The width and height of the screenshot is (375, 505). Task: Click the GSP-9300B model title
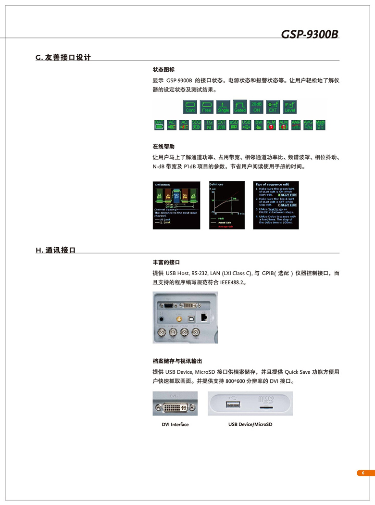coord(310,34)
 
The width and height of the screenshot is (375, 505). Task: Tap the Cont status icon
coord(190,106)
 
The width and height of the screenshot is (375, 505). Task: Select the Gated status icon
coord(240,106)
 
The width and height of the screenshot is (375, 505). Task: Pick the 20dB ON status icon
coord(257,106)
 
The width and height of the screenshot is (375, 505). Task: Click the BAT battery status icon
coord(159,125)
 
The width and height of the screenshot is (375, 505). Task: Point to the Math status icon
coord(321,125)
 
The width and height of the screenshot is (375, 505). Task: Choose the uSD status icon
coord(234,125)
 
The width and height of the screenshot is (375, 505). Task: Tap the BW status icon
coord(259,125)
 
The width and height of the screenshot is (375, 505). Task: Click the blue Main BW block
coord(176,196)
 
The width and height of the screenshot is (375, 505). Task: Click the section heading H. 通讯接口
coord(56,250)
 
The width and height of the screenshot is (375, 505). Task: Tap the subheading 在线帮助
coord(163,146)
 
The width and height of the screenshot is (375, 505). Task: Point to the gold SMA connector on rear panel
coord(178,318)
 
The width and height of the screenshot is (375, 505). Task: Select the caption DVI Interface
coord(175,425)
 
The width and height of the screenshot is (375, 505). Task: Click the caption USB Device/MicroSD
coord(250,425)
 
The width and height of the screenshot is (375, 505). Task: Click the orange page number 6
coord(363,473)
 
